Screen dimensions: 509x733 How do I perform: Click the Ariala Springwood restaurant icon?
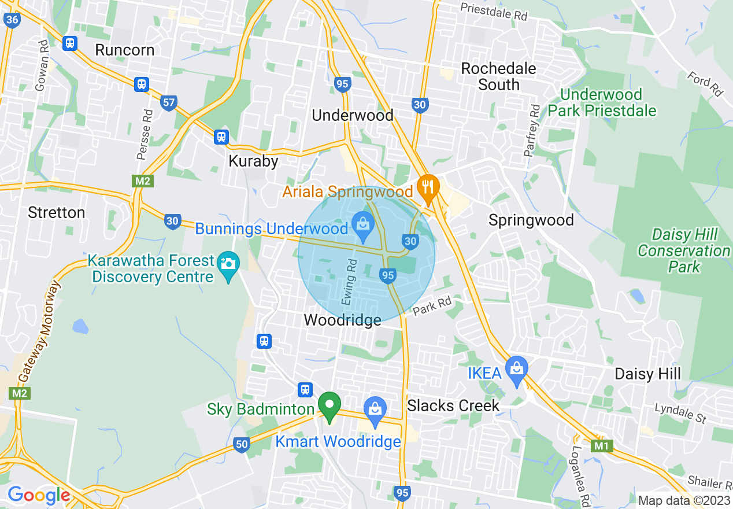pyautogui.click(x=428, y=187)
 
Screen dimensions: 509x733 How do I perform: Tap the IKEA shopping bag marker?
pyautogui.click(x=516, y=366)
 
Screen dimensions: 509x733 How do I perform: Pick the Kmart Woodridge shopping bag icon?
pyautogui.click(x=375, y=408)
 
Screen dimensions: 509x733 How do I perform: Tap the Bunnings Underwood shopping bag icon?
pyautogui.click(x=363, y=222)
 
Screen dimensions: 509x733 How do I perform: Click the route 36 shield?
pyautogui.click(x=12, y=20)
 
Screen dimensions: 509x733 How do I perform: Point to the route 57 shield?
pyautogui.click(x=168, y=103)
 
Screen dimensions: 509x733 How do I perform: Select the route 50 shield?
pyautogui.click(x=242, y=444)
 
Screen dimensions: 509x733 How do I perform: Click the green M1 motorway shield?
pyautogui.click(x=602, y=447)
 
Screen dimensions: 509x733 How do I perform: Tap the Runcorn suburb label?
pyautogui.click(x=124, y=50)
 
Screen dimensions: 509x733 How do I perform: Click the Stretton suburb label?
pyautogui.click(x=57, y=212)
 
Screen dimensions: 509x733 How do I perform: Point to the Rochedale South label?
pyautogui.click(x=498, y=76)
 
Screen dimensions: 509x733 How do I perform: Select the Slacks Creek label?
pyautogui.click(x=453, y=405)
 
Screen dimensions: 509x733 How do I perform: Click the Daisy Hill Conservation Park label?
pyautogui.click(x=684, y=250)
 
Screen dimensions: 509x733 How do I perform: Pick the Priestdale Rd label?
pyautogui.click(x=494, y=11)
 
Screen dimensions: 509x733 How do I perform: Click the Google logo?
pyautogui.click(x=38, y=495)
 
